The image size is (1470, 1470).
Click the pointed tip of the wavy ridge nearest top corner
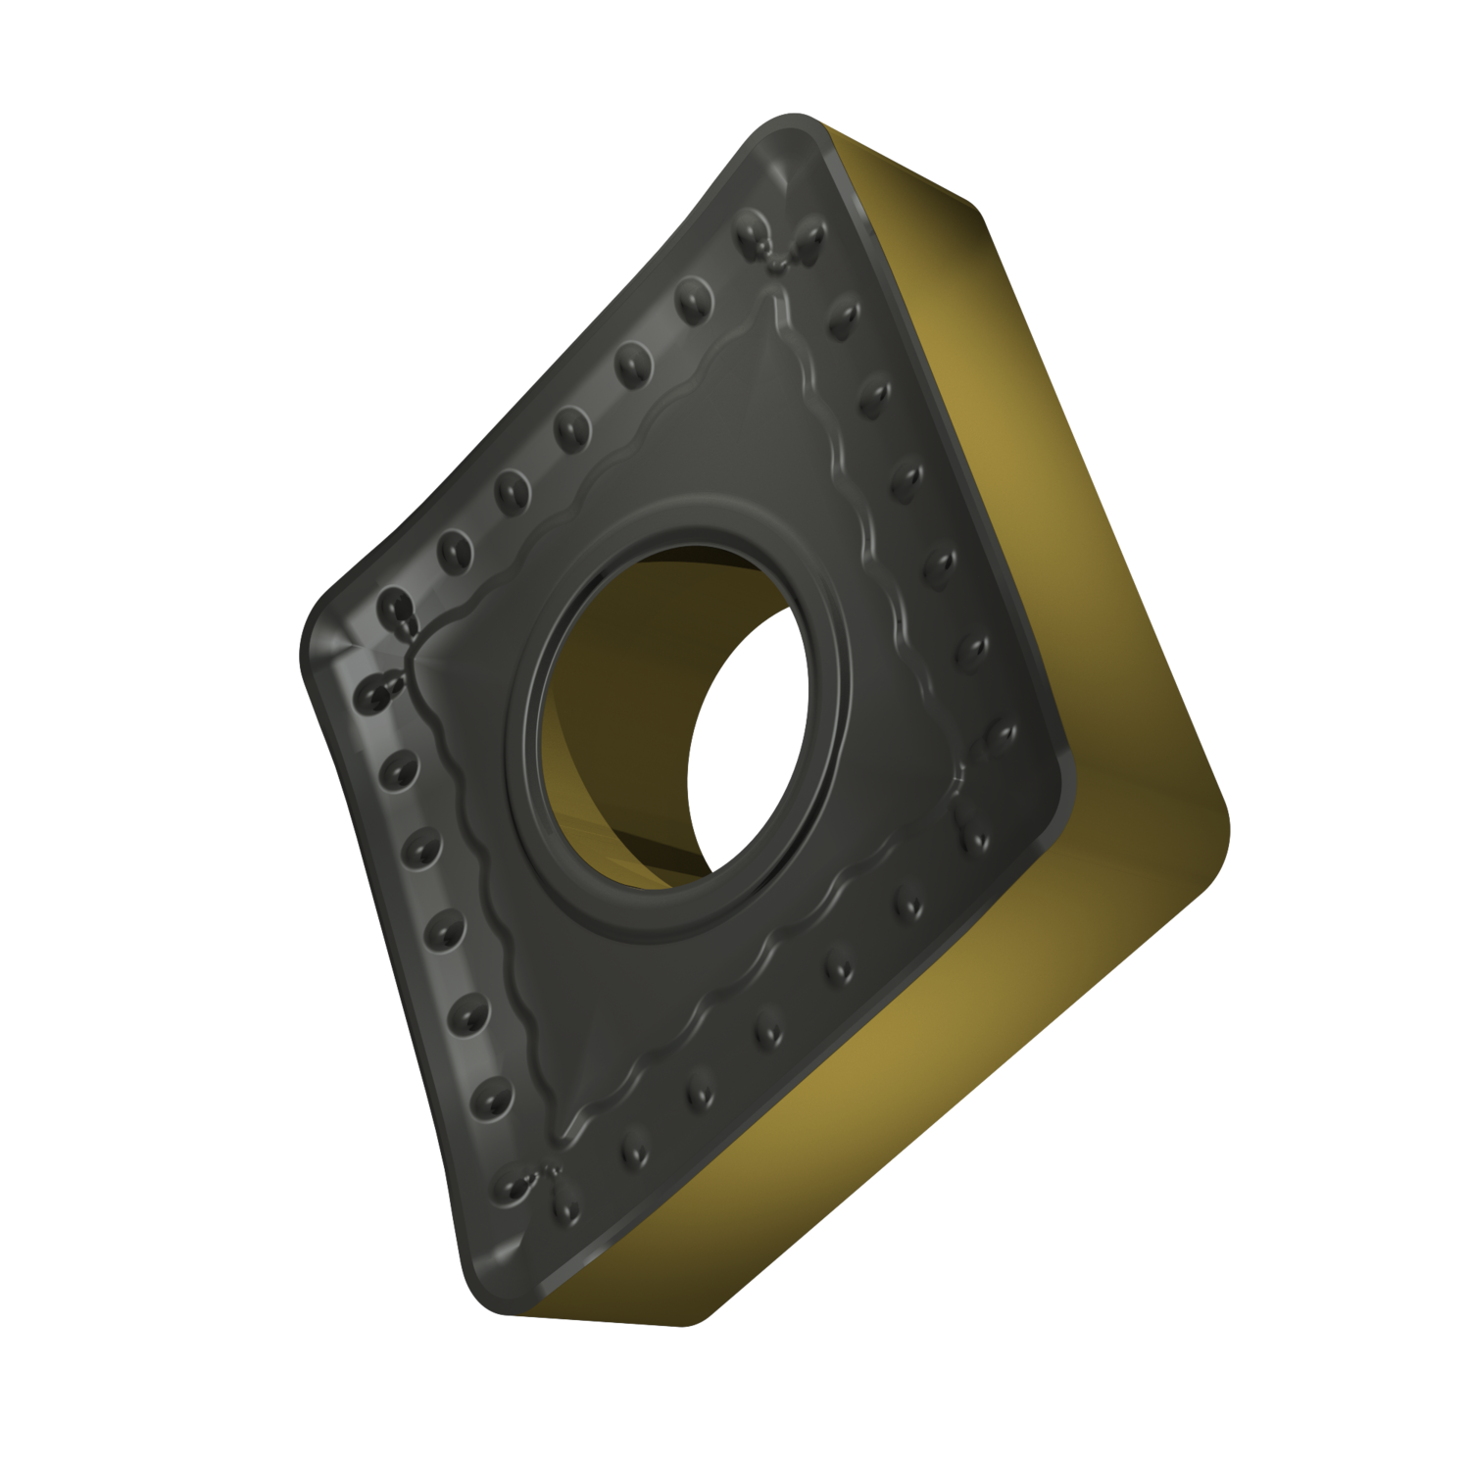coord(780,290)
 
